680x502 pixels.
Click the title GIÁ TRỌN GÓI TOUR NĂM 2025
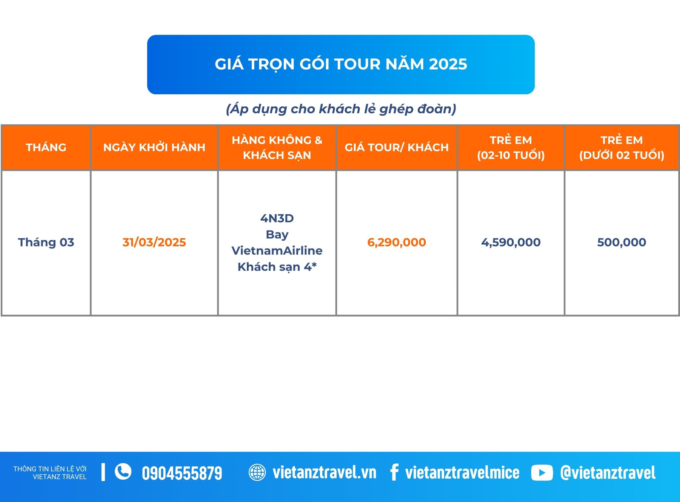tap(341, 64)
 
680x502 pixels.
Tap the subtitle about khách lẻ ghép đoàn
tap(341, 109)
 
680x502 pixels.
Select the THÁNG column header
tap(46, 147)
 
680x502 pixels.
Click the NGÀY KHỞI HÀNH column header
tap(154, 147)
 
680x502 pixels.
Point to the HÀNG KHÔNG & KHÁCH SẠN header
tap(277, 148)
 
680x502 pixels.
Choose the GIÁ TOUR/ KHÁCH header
tap(397, 147)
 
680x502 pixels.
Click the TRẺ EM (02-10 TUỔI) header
tap(511, 148)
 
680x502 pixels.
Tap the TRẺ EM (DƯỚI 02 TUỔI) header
tap(622, 148)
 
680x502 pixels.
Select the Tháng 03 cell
tap(46, 242)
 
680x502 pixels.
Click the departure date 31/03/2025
tap(154, 242)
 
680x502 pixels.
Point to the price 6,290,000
tap(396, 242)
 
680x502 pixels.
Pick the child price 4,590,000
tap(511, 242)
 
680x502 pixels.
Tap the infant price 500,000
tap(622, 242)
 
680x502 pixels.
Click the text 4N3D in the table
tap(277, 218)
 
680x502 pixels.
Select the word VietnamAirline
tap(277, 251)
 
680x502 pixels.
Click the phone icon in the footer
tap(123, 472)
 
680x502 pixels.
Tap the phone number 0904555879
tap(182, 473)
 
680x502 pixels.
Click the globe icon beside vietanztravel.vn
tap(257, 472)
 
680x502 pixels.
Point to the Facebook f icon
tap(394, 472)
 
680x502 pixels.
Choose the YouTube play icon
tap(542, 473)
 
